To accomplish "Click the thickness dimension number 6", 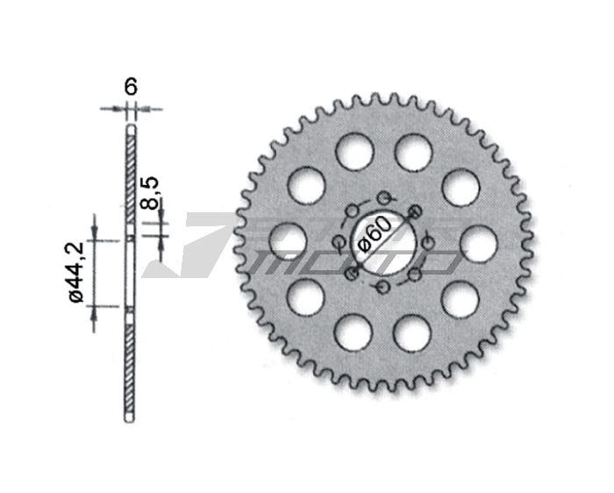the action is [x=131, y=87].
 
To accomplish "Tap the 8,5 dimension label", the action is [x=150, y=193].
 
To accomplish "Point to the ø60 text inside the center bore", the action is [x=375, y=234].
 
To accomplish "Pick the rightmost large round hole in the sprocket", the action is [x=479, y=244].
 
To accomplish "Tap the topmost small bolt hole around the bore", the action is [x=385, y=197].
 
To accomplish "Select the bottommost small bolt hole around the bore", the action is [x=382, y=287].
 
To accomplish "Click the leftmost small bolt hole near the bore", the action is [x=338, y=243].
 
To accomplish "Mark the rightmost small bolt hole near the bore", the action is [x=429, y=243].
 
